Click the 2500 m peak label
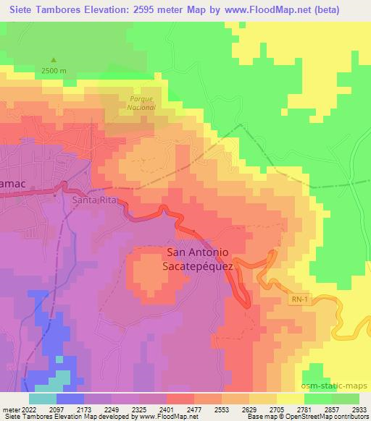[53, 70]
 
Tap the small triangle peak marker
[53, 60]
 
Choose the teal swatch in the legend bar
[43, 398]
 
